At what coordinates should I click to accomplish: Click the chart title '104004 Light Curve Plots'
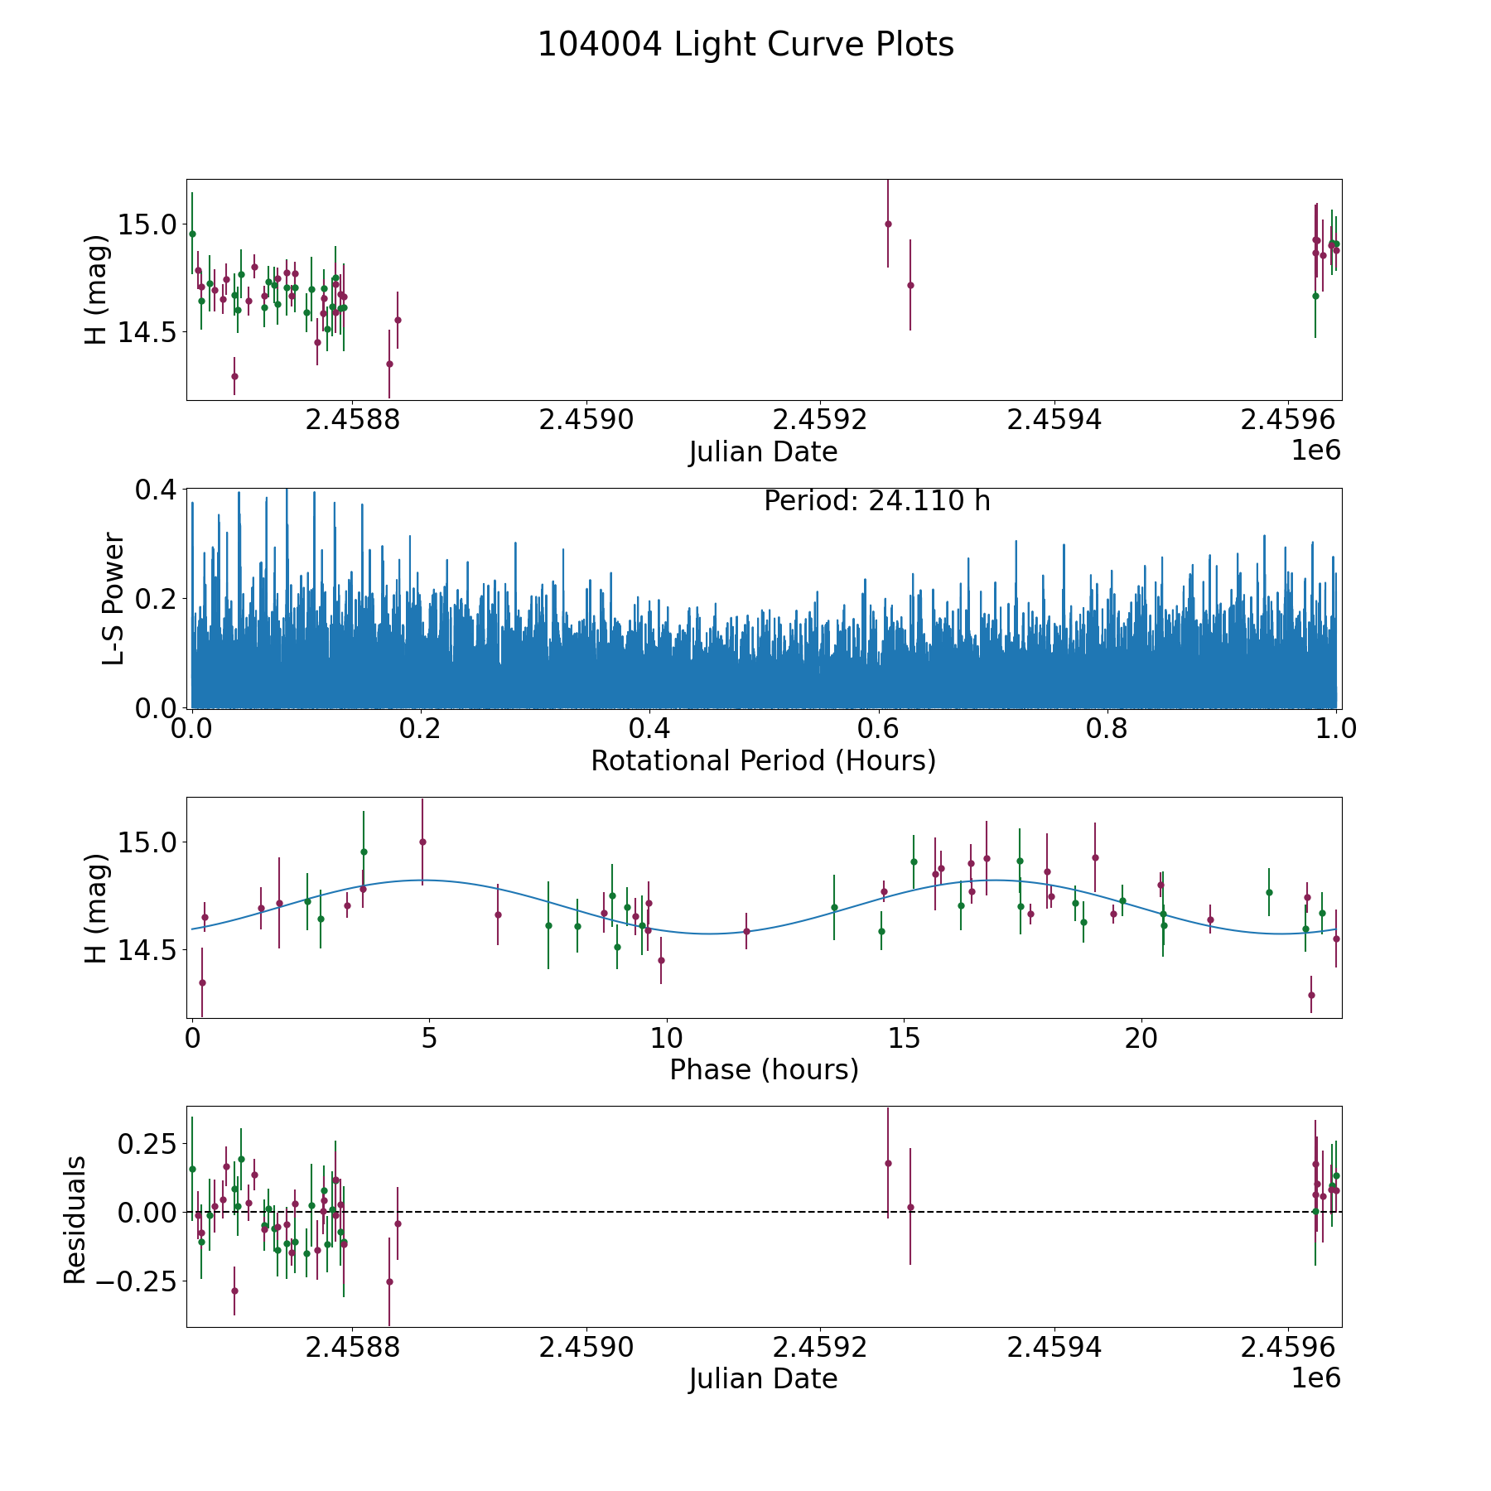click(745, 45)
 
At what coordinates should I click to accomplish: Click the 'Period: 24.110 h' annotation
click(876, 501)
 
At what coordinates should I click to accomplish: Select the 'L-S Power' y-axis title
click(114, 598)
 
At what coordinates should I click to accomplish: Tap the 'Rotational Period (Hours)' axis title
click(763, 760)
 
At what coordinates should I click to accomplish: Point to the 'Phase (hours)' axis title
click(764, 1070)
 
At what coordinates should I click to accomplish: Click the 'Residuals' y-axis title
click(75, 1219)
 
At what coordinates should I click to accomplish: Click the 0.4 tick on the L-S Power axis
click(156, 490)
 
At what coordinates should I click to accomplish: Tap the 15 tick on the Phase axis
click(904, 1039)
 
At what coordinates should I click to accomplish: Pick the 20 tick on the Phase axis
click(1141, 1039)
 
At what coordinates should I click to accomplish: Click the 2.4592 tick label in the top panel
click(819, 420)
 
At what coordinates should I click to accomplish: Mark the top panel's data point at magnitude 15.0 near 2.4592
click(888, 224)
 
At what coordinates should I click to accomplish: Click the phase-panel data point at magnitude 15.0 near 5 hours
click(422, 842)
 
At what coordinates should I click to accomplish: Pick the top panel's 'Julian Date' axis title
click(763, 452)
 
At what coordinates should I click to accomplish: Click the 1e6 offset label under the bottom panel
click(1315, 1378)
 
